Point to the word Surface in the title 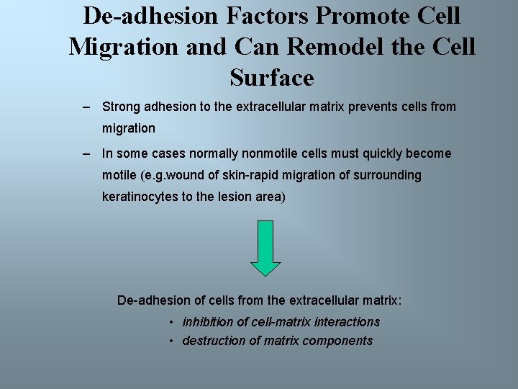pyautogui.click(x=272, y=78)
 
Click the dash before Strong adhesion pyautogui.click(x=86, y=107)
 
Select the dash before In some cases pyautogui.click(x=86, y=153)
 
